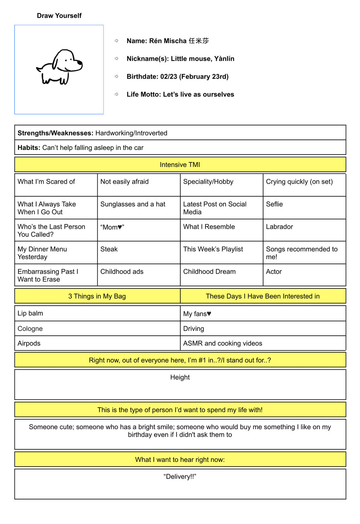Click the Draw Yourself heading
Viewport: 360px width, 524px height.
tap(59, 16)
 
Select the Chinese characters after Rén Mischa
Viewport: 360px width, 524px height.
tap(199, 41)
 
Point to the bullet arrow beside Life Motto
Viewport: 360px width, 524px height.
tap(117, 94)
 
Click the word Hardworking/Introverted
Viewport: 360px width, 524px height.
tap(131, 133)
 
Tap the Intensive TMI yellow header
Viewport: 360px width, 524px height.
tap(180, 165)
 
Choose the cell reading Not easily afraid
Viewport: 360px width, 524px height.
tap(124, 182)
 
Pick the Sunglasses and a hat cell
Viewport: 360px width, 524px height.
tap(133, 204)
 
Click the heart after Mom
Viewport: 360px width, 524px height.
tap(120, 227)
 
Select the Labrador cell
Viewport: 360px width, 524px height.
tap(280, 227)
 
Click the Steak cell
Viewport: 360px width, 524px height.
tap(109, 249)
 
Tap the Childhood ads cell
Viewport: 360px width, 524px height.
tap(122, 272)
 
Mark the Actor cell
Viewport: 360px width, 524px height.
tap(274, 272)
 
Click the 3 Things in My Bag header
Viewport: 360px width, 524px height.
tap(97, 296)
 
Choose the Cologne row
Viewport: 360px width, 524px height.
tap(30, 329)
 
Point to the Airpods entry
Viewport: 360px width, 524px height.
tap(29, 343)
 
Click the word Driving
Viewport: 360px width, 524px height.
tap(194, 329)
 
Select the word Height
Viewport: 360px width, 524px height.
tap(180, 377)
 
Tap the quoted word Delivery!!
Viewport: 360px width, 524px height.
tap(180, 476)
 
